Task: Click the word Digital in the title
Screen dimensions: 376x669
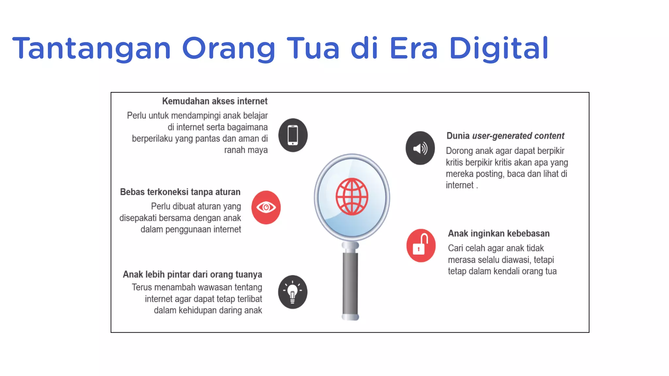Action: pyautogui.click(x=499, y=48)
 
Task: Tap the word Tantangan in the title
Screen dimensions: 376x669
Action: pyautogui.click(x=91, y=48)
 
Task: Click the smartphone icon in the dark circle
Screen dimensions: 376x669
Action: pyautogui.click(x=293, y=135)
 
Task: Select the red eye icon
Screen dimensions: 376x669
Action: pyautogui.click(x=266, y=207)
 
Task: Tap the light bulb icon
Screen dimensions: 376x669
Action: pyautogui.click(x=292, y=292)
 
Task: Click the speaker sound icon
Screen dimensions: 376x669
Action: pyautogui.click(x=420, y=148)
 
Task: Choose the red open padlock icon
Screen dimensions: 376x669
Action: pyautogui.click(x=421, y=245)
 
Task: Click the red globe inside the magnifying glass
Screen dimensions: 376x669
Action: pyautogui.click(x=352, y=196)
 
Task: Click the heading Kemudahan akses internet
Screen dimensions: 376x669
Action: pyautogui.click(x=215, y=101)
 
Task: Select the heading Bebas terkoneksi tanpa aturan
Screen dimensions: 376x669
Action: pyautogui.click(x=180, y=192)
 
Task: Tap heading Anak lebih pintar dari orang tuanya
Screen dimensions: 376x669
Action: pyautogui.click(x=192, y=274)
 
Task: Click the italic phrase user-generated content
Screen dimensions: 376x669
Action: pyautogui.click(x=518, y=136)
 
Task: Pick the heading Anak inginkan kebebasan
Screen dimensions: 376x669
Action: pyautogui.click(x=498, y=233)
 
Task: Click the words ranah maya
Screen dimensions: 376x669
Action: pyautogui.click(x=246, y=150)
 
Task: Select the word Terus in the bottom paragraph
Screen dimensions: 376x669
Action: pyautogui.click(x=142, y=288)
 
